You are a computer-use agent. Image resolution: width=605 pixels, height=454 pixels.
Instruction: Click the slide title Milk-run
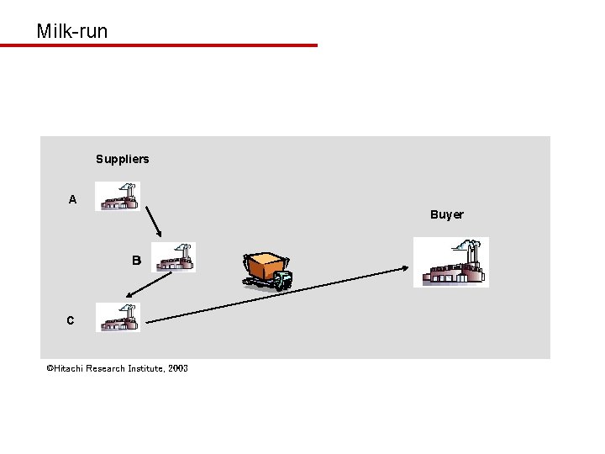tap(72, 32)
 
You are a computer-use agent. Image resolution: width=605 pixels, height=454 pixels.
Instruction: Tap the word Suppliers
tap(122, 159)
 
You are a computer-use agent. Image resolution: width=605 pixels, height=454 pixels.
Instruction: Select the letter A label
tap(72, 200)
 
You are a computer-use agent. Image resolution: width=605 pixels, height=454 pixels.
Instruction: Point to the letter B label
tap(136, 261)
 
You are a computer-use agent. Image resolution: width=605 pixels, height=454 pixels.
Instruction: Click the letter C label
tap(70, 320)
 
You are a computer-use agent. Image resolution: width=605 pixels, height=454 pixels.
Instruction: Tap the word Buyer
tap(446, 214)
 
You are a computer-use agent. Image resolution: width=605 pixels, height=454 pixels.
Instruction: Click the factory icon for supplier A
tap(118, 197)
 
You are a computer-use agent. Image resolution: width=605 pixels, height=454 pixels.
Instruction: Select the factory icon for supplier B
tap(174, 257)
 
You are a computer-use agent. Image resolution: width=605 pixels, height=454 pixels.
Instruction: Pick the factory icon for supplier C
tap(118, 317)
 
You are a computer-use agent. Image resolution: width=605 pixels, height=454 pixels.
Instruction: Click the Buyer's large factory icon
tap(451, 262)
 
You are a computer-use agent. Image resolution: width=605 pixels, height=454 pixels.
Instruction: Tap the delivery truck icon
tap(268, 271)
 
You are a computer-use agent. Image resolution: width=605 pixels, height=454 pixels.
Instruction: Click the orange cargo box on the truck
tap(263, 265)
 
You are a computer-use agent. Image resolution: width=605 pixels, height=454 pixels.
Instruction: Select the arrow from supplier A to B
tap(151, 223)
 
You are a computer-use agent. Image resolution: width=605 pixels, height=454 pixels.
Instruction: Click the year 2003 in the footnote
tap(177, 368)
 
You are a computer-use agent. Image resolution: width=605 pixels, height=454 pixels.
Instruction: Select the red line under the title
tap(159, 45)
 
